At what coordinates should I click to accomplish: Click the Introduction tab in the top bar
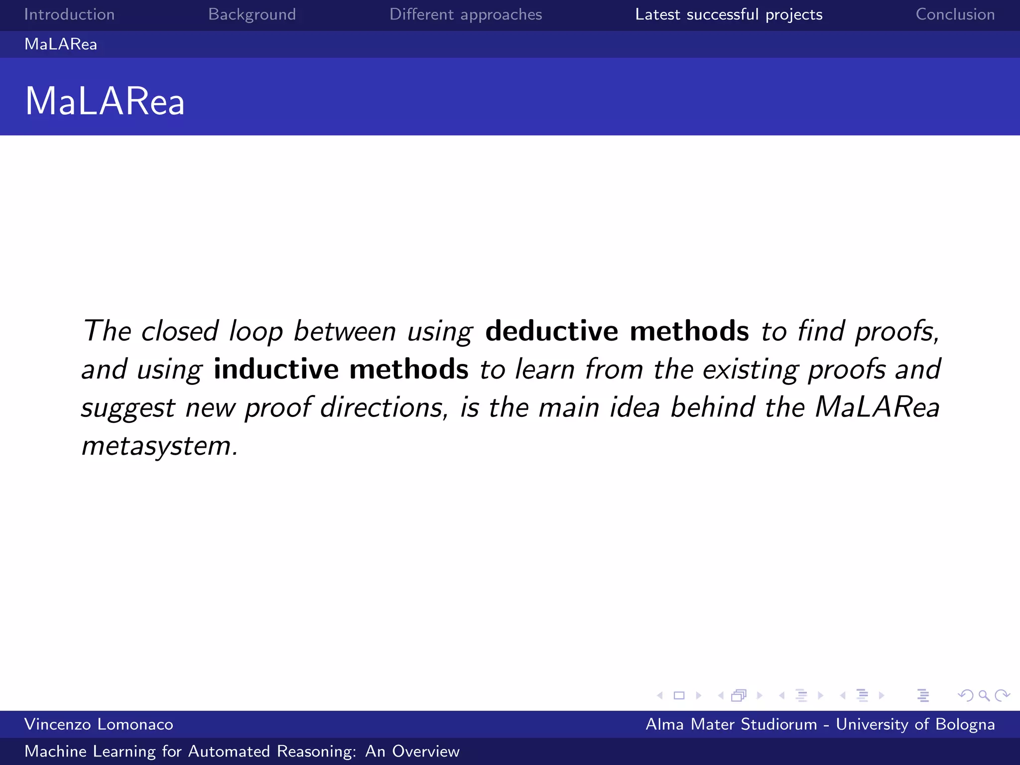pos(69,14)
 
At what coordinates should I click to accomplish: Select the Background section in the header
pos(252,14)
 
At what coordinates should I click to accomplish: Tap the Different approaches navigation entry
pos(466,14)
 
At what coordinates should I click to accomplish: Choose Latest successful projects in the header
pos(729,14)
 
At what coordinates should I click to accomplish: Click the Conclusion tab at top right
pos(955,14)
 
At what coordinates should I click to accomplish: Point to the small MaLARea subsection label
pos(61,44)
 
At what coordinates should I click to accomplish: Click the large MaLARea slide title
pos(105,101)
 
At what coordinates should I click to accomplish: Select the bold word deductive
pos(551,331)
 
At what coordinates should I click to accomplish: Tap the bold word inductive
pos(276,369)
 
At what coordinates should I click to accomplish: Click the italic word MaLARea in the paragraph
pos(877,407)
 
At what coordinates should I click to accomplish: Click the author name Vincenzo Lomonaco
pos(99,724)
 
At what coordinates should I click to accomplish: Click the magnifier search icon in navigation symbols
pos(984,695)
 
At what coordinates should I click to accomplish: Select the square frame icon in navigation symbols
pos(679,695)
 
